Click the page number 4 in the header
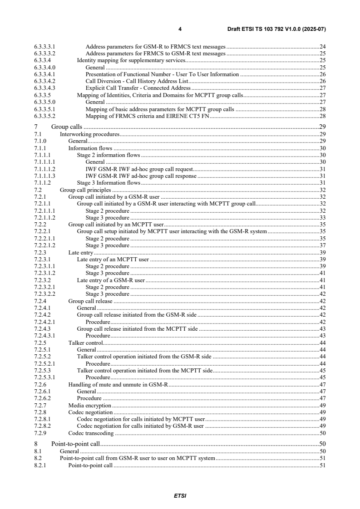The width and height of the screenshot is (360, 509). point(180,29)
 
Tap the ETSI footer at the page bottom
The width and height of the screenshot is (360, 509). point(180,496)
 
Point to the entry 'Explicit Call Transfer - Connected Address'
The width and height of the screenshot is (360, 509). point(138,88)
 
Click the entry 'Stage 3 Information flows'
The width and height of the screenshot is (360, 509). point(108,183)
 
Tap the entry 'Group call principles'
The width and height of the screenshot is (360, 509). point(85,190)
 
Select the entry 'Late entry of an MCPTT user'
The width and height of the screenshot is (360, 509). point(113,259)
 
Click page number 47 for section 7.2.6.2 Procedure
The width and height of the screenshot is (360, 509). point(322,398)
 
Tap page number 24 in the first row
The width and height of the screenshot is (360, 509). point(322,46)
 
